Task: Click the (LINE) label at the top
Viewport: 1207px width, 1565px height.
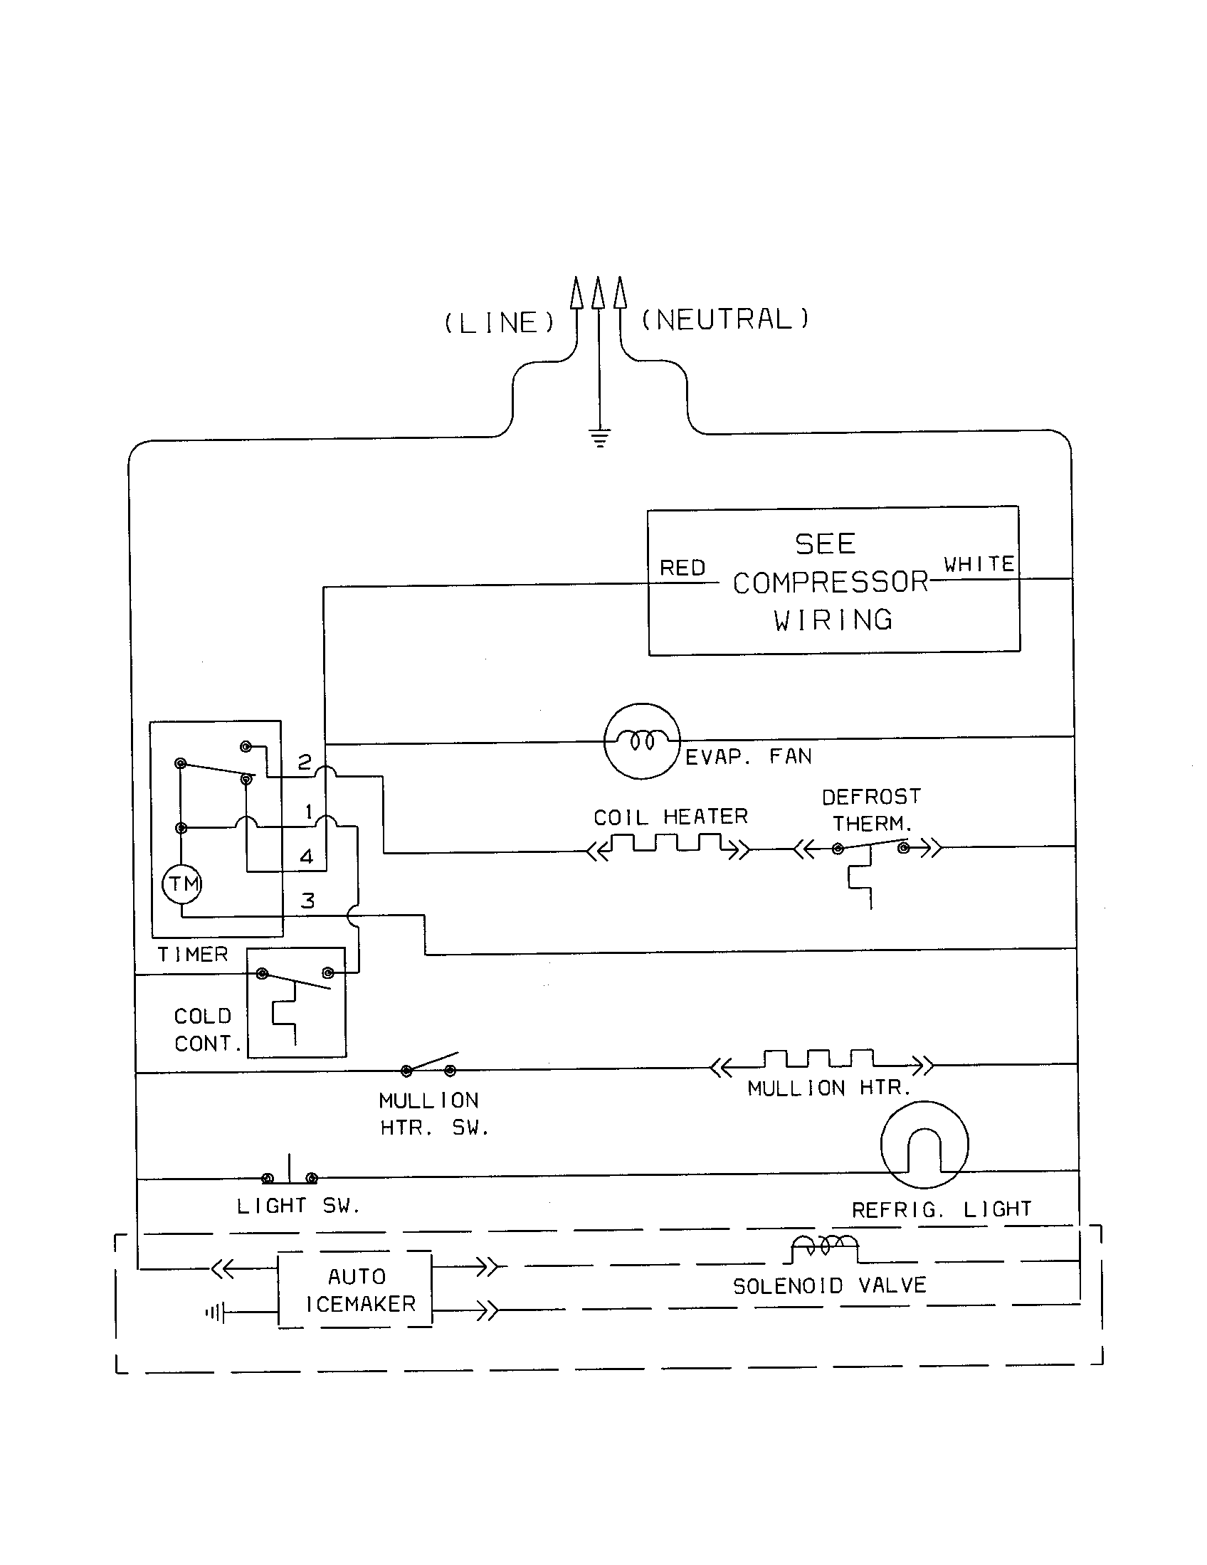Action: (500, 322)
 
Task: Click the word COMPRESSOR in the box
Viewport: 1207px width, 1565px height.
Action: (830, 582)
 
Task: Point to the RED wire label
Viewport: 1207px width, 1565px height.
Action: (682, 568)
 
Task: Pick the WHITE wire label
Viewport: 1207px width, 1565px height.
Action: (979, 564)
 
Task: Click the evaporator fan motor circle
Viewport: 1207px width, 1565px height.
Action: (641, 741)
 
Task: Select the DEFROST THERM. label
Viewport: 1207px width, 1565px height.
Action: (871, 810)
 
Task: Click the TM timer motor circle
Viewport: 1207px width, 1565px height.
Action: (182, 884)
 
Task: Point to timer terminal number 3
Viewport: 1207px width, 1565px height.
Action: (307, 901)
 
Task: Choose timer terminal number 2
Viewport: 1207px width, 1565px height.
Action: (305, 762)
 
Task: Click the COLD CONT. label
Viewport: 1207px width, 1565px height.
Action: (204, 1030)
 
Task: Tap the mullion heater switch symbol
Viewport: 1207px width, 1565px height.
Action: (428, 1065)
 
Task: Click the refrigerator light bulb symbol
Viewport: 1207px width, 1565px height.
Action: (924, 1145)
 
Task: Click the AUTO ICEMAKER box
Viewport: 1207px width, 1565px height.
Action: (356, 1290)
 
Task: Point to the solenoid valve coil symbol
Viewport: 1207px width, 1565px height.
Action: (824, 1247)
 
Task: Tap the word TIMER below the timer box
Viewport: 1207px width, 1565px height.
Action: (192, 955)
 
